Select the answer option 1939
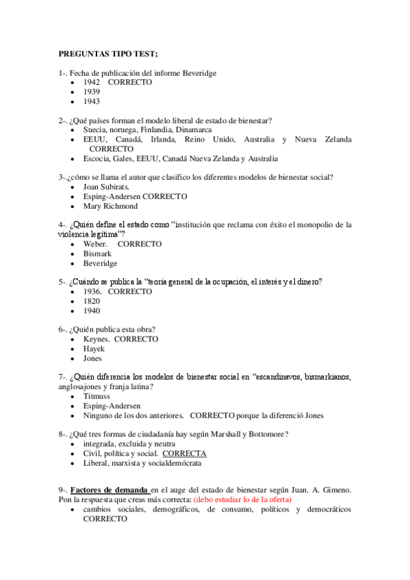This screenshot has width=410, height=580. [x=91, y=92]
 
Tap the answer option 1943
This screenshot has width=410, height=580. [x=91, y=101]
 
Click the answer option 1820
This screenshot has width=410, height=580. [x=92, y=301]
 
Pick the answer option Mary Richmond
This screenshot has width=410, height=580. [x=110, y=206]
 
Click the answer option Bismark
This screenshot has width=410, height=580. [x=97, y=254]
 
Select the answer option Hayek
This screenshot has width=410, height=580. [x=94, y=349]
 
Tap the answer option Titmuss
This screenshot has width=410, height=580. [x=96, y=396]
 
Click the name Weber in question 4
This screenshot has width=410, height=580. [x=95, y=244]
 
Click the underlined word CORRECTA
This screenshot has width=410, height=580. [x=184, y=453]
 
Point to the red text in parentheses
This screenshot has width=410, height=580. [x=242, y=500]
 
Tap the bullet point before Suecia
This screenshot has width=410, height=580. [x=73, y=130]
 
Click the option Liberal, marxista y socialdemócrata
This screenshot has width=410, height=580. [x=142, y=463]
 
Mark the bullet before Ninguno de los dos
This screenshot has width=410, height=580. [x=73, y=416]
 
